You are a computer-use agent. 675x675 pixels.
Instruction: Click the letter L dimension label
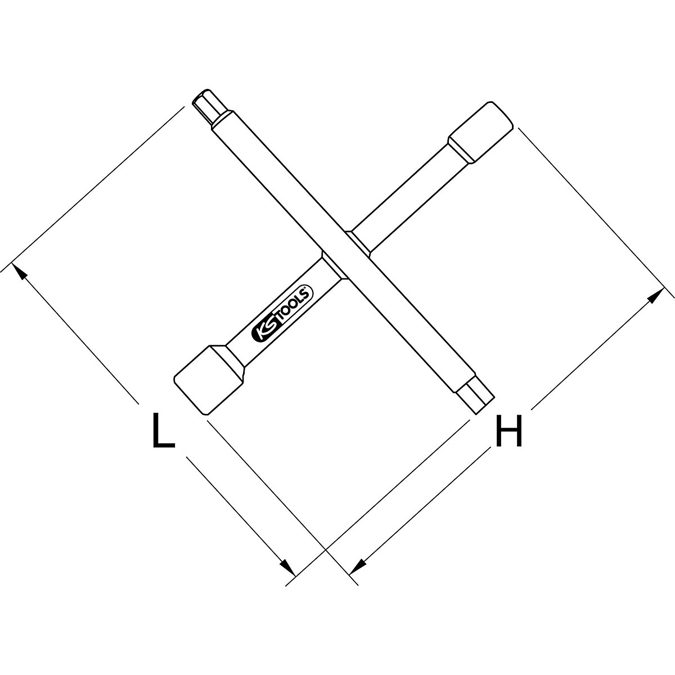click(x=163, y=430)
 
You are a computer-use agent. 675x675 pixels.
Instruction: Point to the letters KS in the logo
click(x=263, y=331)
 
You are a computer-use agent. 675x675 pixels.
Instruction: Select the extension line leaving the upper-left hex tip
click(x=101, y=186)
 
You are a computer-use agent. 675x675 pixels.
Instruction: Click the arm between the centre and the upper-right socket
click(x=405, y=191)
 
